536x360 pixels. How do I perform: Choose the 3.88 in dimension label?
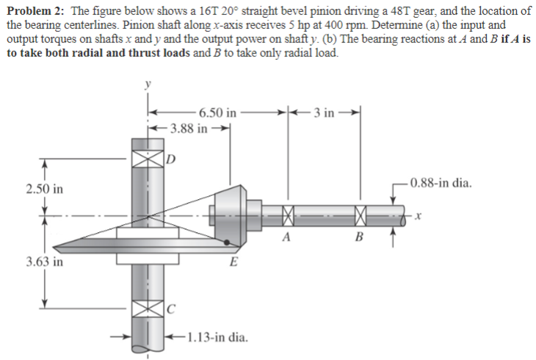[x=190, y=128]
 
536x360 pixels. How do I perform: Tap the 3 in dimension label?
[x=323, y=112]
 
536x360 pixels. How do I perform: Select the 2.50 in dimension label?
[x=44, y=189]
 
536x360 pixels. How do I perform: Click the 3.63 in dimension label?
[x=44, y=260]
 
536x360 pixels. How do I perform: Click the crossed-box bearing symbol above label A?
[x=287, y=217]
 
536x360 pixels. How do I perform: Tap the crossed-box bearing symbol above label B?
[x=359, y=217]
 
